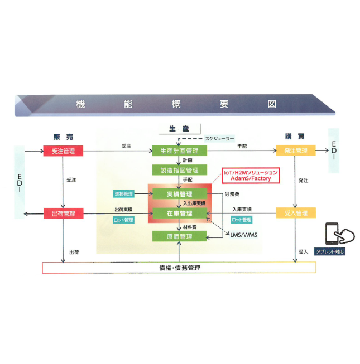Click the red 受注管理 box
tap(63, 151)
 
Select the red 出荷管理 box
tap(63, 213)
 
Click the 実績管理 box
tap(179, 193)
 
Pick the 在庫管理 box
tap(179, 213)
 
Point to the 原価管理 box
tap(179, 236)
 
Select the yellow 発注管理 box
tap(296, 151)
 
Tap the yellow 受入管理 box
tap(296, 213)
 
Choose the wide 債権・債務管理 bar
tap(179, 268)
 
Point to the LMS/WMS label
tap(243, 235)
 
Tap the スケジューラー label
tap(219, 137)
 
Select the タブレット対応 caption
tap(330, 251)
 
